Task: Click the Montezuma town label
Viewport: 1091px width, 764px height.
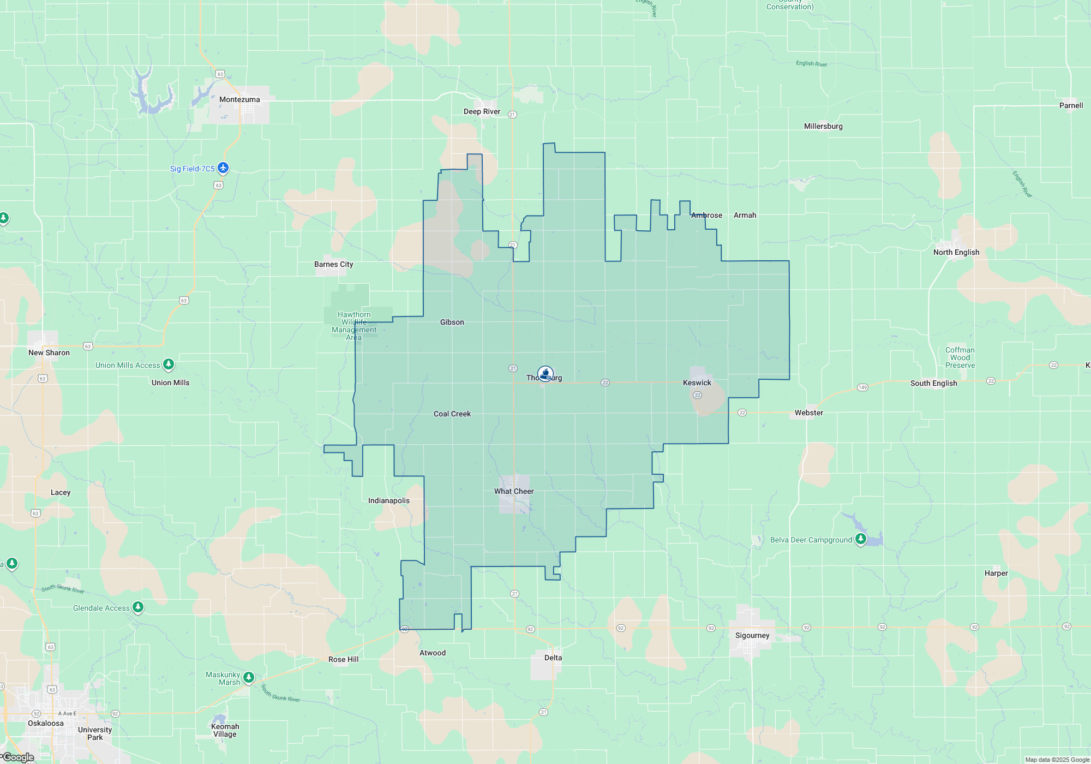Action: [239, 99]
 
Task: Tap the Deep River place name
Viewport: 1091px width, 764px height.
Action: [482, 111]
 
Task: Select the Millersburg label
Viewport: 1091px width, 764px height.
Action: [823, 126]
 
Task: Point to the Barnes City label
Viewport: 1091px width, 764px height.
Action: [333, 264]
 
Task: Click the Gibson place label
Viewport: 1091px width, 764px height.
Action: [452, 322]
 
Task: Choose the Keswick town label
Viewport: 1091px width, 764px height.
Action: [697, 383]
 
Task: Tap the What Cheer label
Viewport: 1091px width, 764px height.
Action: [514, 491]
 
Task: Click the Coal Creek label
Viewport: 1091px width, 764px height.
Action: [452, 414]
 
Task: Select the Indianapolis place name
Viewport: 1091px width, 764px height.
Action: [389, 500]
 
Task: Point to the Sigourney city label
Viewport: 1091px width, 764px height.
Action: [752, 635]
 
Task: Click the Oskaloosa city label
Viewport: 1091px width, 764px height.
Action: [46, 723]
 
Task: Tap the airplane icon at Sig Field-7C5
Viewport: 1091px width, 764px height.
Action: [223, 168]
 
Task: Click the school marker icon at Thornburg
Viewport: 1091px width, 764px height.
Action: [545, 373]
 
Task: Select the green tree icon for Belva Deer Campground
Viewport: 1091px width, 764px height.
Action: [861, 539]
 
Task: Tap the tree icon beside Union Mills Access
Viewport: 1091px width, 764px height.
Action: [169, 364]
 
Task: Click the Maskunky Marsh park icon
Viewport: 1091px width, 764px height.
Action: [249, 677]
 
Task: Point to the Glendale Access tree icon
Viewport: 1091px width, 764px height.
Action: [138, 607]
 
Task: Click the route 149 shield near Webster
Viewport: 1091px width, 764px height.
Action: [862, 387]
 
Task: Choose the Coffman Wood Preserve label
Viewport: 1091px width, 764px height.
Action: [960, 357]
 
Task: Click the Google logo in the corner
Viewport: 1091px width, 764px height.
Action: [19, 757]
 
